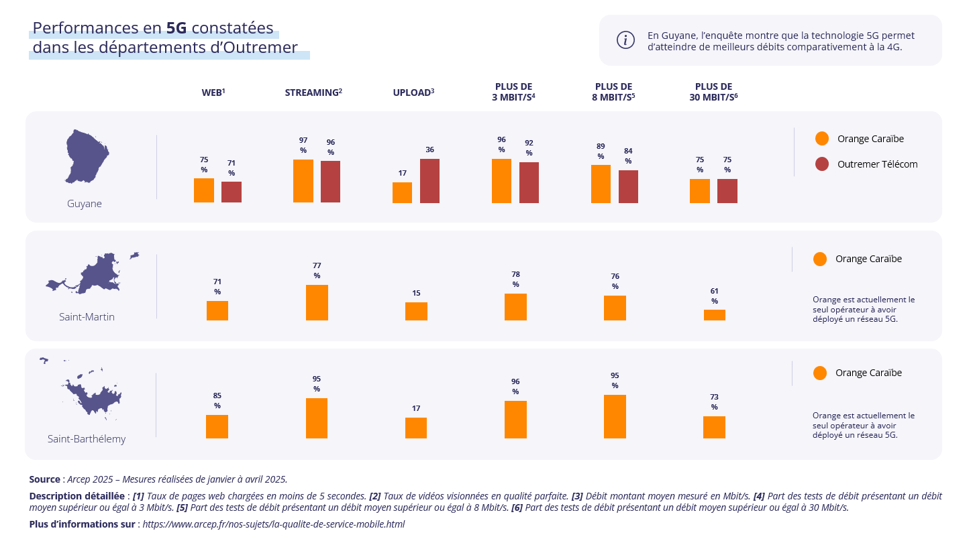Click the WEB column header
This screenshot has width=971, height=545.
(x=213, y=93)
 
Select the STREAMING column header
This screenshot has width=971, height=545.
(x=313, y=93)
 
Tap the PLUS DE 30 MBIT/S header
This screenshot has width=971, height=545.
(x=713, y=92)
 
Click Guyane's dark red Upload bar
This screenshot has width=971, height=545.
(x=429, y=181)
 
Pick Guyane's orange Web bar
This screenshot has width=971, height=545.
(x=204, y=190)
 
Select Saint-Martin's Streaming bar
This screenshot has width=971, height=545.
(x=317, y=302)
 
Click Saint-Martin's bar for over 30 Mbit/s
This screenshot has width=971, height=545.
(x=714, y=315)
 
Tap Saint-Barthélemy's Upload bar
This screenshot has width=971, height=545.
(x=416, y=428)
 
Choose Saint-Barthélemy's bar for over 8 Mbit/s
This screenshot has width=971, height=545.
(x=615, y=416)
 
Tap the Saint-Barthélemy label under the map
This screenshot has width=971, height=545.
(x=87, y=439)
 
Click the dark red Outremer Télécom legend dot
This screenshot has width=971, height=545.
(x=822, y=164)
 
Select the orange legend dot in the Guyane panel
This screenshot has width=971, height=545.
(x=822, y=139)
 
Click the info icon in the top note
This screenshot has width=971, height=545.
(x=625, y=40)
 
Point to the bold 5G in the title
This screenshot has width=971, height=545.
(x=176, y=28)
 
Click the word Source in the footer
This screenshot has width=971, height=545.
(x=44, y=479)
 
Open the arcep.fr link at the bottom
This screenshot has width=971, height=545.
(x=274, y=524)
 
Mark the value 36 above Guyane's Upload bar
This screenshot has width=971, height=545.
(x=429, y=149)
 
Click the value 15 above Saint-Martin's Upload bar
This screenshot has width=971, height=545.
(x=416, y=293)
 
